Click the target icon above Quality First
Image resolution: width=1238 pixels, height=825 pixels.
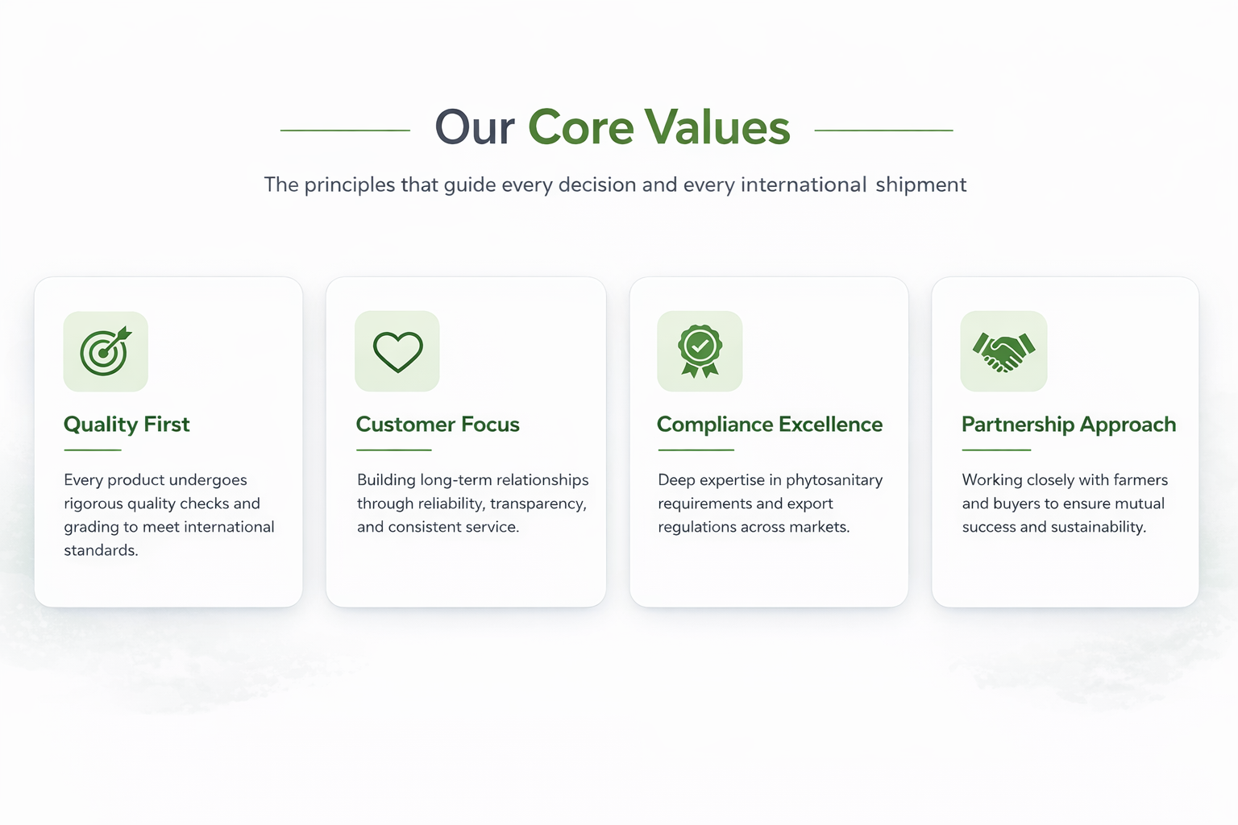[105, 351]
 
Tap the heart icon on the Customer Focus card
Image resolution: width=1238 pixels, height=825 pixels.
[398, 352]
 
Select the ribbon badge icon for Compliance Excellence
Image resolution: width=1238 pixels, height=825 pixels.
[700, 351]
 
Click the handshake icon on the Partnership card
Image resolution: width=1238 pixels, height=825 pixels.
[1003, 352]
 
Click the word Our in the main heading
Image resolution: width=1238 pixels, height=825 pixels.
[475, 127]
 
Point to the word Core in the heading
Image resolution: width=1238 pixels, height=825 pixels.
[580, 127]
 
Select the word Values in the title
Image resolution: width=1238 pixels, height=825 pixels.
[717, 127]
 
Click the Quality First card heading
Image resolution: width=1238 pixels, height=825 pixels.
[127, 425]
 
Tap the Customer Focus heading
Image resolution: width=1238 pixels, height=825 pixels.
[438, 425]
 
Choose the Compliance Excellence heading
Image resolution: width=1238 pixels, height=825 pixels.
[770, 425]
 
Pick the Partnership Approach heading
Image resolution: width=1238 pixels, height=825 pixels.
[1069, 425]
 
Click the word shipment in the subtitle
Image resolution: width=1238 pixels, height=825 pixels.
[921, 184]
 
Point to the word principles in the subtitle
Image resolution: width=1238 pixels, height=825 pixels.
[349, 184]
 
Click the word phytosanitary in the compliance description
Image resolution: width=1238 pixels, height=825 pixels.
[834, 479]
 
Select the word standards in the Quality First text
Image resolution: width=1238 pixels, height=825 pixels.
[101, 550]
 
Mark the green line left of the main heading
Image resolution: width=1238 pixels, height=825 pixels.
[345, 131]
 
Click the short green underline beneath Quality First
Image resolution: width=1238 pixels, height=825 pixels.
[93, 450]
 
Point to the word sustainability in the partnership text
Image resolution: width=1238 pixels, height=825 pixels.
[1099, 527]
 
